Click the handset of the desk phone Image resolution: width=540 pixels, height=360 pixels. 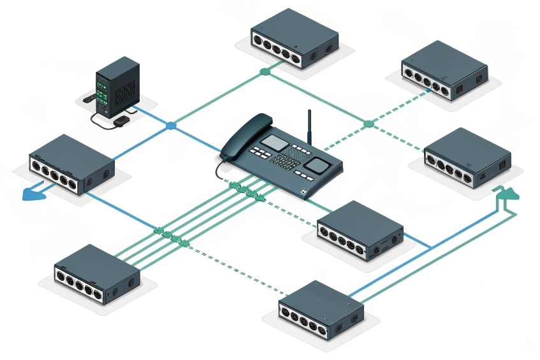[245, 133]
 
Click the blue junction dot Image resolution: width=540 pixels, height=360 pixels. [171, 126]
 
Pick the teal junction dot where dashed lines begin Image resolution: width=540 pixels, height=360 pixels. [369, 123]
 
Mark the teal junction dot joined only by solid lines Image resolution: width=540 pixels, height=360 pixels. [265, 71]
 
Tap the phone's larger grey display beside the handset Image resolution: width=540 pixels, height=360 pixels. [277, 143]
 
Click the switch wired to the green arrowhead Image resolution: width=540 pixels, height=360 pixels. [321, 310]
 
